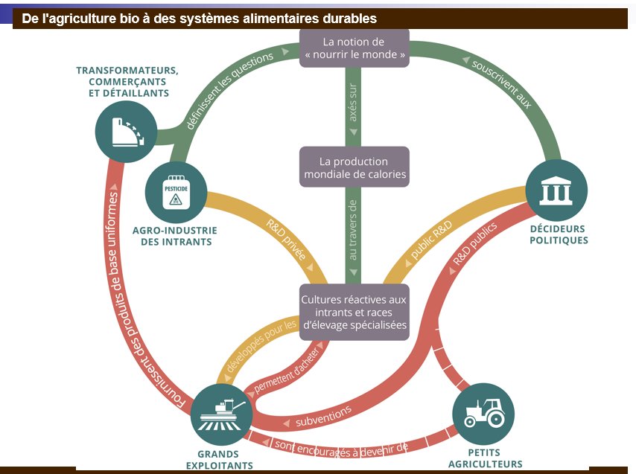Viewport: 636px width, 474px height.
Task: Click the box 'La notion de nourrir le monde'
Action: click(354, 48)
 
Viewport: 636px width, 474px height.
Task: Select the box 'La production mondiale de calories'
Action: click(354, 167)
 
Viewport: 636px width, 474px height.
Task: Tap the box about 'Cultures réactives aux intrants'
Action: click(354, 312)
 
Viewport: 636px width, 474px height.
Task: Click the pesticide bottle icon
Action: click(176, 193)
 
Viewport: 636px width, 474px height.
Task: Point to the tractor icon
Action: click(484, 413)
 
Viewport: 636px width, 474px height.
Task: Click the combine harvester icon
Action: click(222, 414)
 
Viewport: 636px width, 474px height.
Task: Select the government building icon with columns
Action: click(556, 190)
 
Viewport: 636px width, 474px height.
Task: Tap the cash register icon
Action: click(127, 132)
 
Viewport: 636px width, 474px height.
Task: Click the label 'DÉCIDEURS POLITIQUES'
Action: click(559, 234)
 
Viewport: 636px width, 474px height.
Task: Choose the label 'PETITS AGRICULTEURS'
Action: click(485, 458)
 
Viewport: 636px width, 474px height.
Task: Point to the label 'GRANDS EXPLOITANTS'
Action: click(219, 460)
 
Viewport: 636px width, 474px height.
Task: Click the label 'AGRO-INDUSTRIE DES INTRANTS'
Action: click(175, 236)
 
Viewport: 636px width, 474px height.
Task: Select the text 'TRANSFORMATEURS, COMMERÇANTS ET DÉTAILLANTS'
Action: click(128, 81)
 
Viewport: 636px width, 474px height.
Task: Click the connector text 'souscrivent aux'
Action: click(502, 84)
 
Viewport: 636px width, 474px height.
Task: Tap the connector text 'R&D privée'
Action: click(286, 239)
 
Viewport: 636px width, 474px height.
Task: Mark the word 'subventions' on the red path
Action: click(323, 416)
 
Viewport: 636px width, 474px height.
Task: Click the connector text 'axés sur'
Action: click(353, 103)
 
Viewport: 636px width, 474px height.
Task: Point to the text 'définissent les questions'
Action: click(230, 91)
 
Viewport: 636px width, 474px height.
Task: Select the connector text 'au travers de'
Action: click(353, 230)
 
